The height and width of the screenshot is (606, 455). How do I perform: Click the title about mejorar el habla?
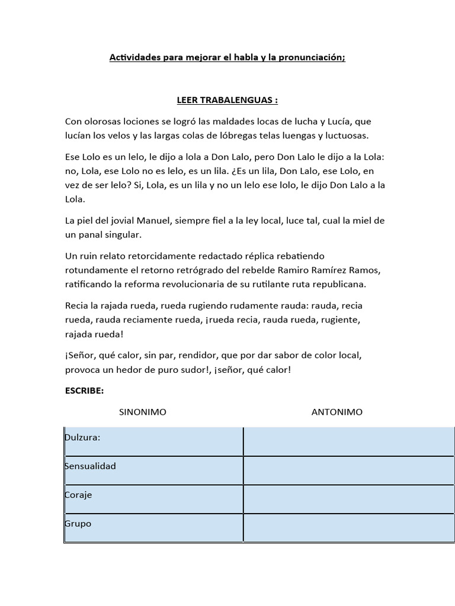(227, 57)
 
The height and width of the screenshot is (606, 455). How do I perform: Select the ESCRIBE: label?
(84, 391)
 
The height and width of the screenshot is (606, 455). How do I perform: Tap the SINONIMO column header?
(143, 412)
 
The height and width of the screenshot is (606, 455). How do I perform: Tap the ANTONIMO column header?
(337, 412)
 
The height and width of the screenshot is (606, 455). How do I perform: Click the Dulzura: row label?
(82, 437)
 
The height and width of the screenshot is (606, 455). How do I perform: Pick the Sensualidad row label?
(90, 466)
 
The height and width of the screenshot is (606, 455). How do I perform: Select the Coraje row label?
(78, 495)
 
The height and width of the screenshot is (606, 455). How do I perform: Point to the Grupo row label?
(78, 524)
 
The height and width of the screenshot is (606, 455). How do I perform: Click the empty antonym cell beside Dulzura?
(348, 441)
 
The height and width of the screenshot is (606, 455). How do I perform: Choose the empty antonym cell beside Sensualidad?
(348, 470)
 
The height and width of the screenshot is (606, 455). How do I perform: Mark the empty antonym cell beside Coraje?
(348, 499)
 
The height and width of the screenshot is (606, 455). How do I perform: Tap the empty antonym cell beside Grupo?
(348, 528)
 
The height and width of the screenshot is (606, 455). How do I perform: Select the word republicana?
(339, 284)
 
